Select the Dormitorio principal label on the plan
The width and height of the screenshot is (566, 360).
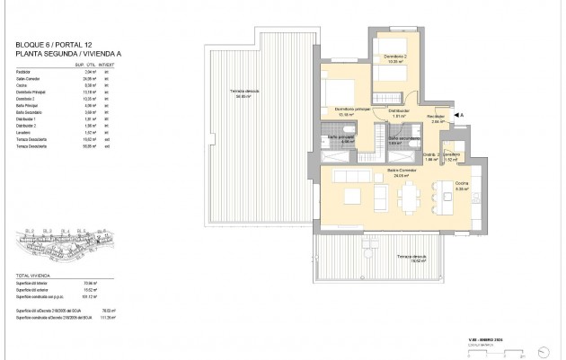352,110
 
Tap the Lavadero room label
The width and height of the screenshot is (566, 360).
452,156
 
